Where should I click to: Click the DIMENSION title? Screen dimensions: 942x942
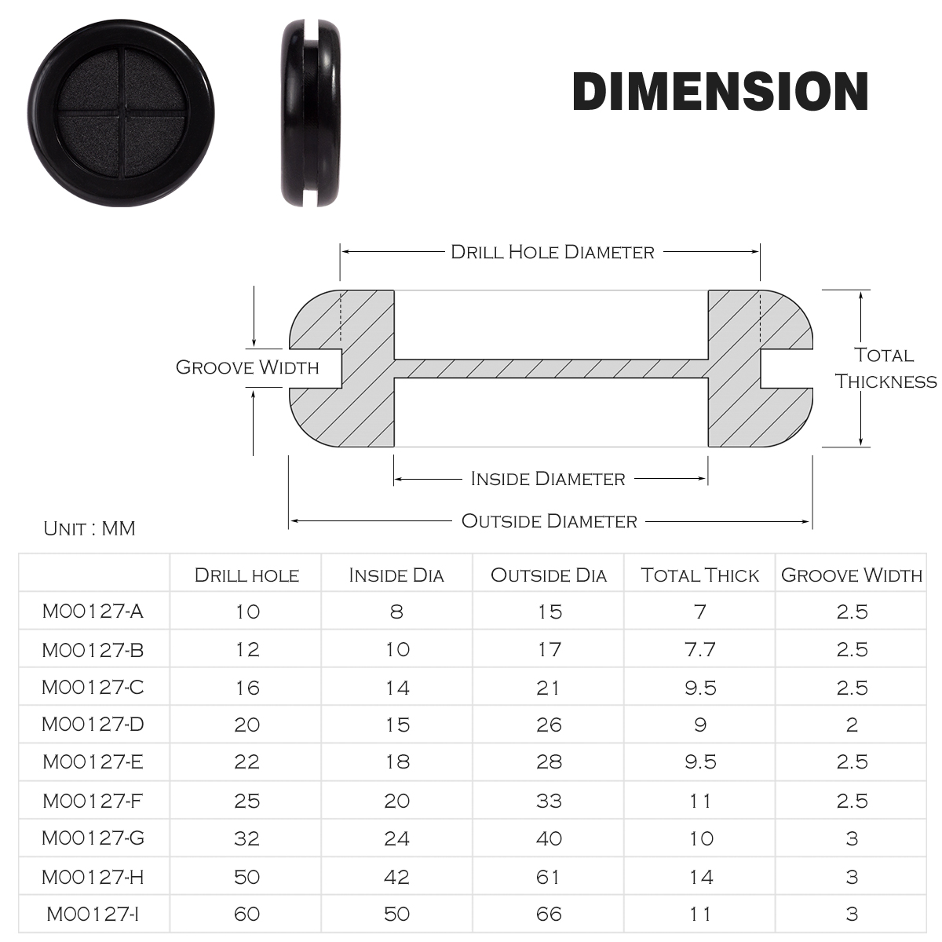click(720, 92)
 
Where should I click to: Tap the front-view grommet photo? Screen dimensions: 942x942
click(122, 114)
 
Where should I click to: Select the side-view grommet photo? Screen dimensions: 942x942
click(312, 114)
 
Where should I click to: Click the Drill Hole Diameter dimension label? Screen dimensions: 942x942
click(552, 252)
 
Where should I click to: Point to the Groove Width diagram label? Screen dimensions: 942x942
click(247, 367)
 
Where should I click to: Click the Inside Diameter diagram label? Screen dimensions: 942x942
click(548, 479)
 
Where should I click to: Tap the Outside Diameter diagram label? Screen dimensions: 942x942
click(549, 521)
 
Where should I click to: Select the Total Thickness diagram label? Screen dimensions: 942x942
click(885, 368)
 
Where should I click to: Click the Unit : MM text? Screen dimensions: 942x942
click(89, 528)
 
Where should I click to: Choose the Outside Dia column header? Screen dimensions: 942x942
click(549, 575)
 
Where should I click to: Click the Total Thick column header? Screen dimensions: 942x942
click(699, 575)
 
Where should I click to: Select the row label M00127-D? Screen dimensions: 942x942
click(93, 724)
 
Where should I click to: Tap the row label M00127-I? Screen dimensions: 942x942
click(93, 914)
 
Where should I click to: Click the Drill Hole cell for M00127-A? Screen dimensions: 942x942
click(246, 612)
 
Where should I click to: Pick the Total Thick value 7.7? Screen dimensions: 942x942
click(699, 649)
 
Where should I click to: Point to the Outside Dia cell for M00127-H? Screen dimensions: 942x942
click(549, 877)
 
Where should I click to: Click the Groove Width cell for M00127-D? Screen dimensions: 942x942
click(852, 725)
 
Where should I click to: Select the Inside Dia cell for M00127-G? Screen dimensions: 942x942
click(396, 838)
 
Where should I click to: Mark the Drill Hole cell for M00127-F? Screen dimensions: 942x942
click(246, 801)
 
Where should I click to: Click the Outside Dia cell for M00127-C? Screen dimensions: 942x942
click(549, 688)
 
